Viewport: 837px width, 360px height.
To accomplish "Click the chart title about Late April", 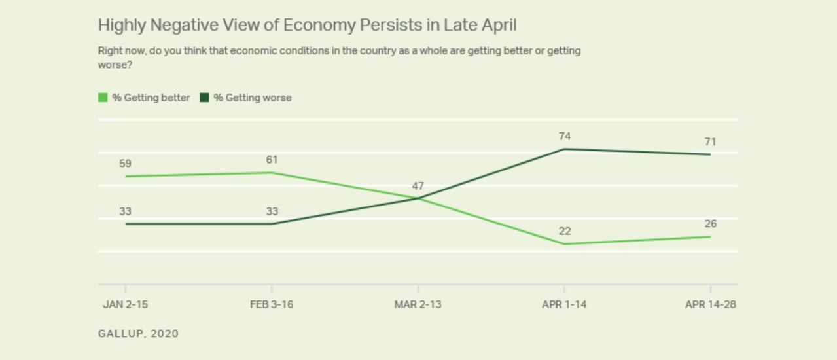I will tap(307, 26).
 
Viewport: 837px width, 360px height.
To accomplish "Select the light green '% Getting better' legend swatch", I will tap(103, 98).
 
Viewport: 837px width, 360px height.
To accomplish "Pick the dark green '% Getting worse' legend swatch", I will tap(205, 98).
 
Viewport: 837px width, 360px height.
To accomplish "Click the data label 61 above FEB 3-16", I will tap(272, 160).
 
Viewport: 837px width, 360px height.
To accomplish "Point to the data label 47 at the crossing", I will tap(418, 186).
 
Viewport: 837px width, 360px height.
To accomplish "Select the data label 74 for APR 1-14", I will tap(564, 136).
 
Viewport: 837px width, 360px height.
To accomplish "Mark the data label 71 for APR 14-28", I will tap(711, 141).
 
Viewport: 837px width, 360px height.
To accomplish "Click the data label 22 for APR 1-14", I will tap(564, 231).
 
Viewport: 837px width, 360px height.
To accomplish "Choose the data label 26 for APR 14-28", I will tap(711, 224).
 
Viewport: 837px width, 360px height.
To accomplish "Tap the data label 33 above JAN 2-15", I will tap(125, 211).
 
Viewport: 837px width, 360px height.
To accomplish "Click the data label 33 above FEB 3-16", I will tap(272, 211).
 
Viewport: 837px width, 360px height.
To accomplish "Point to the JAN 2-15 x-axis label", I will tap(125, 304).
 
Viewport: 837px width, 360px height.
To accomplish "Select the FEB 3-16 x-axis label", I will tap(272, 304).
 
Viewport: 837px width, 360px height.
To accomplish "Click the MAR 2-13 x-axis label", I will tap(418, 304).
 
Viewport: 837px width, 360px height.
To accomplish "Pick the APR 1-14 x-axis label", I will tap(564, 304).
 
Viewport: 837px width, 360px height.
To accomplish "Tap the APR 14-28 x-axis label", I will tap(711, 304).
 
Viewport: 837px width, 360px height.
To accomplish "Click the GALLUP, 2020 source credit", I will tap(138, 334).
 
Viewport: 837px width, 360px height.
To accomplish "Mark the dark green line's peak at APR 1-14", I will tap(564, 149).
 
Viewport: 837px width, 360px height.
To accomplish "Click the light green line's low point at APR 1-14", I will tap(564, 244).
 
